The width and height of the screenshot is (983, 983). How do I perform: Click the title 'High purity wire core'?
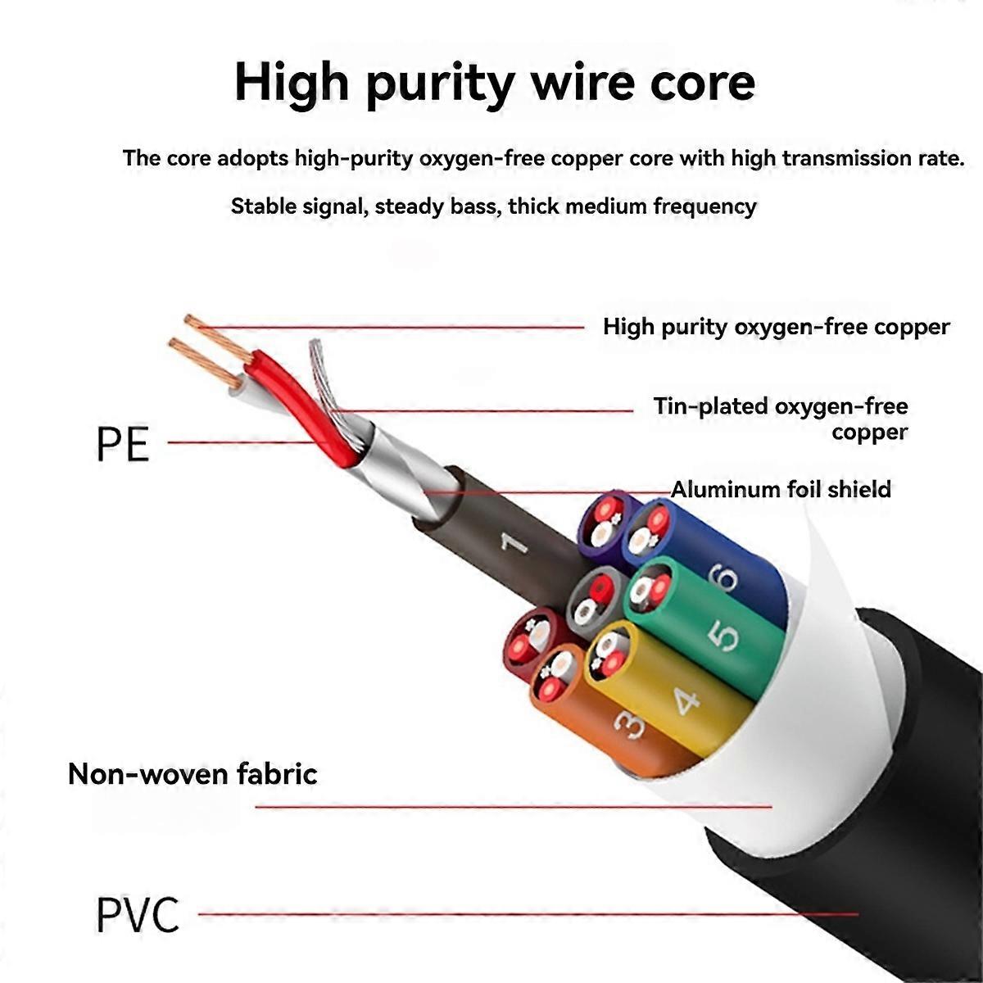pyautogui.click(x=494, y=83)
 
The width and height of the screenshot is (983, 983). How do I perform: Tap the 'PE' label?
pyautogui.click(x=123, y=444)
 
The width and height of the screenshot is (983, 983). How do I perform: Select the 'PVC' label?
pyautogui.click(x=138, y=915)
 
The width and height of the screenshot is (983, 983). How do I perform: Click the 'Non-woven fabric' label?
pyautogui.click(x=193, y=773)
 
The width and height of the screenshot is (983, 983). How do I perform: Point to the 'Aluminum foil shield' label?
pyautogui.click(x=781, y=489)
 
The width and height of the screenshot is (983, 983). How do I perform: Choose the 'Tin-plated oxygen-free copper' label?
pyautogui.click(x=781, y=419)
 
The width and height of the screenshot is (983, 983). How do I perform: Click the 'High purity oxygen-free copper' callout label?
pyautogui.click(x=777, y=327)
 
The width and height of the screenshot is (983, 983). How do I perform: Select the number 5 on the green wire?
pyautogui.click(x=724, y=637)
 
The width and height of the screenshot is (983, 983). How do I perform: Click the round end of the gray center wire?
pyautogui.click(x=594, y=601)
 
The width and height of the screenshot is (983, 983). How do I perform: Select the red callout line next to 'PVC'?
pyautogui.click(x=528, y=913)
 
